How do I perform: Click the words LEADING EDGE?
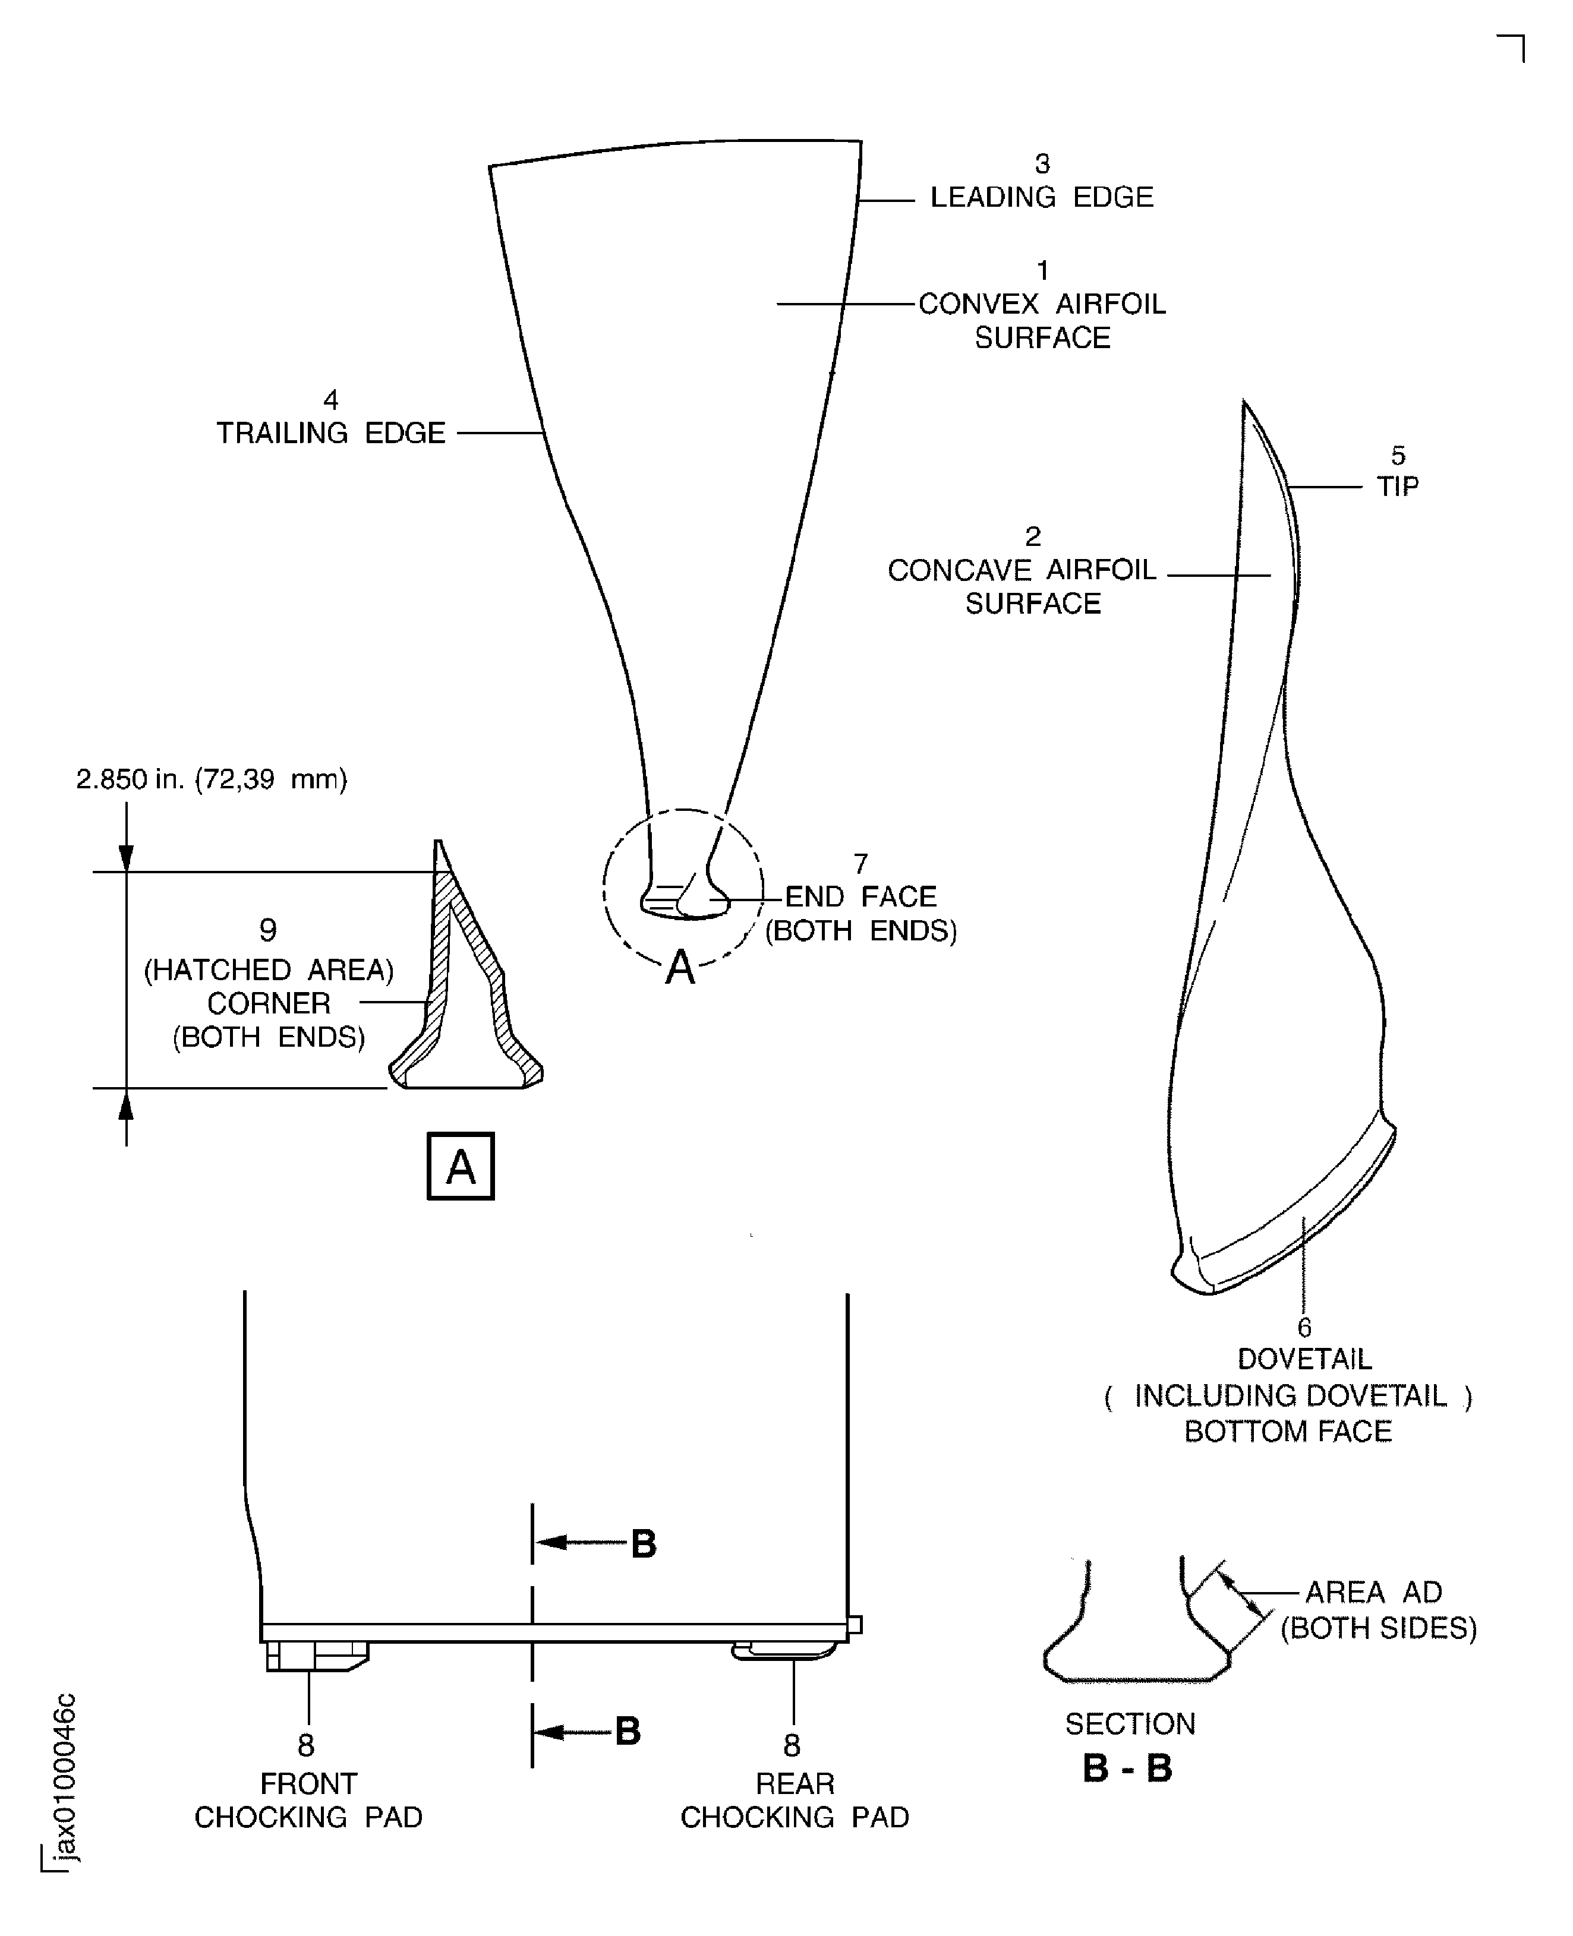pyautogui.click(x=1041, y=197)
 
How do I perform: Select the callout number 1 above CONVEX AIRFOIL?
pyautogui.click(x=1042, y=271)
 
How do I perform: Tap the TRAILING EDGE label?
pyautogui.click(x=331, y=433)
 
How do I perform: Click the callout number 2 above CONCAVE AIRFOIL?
pyautogui.click(x=1032, y=536)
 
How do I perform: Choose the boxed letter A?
pyautogui.click(x=461, y=1166)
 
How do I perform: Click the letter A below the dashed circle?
pyautogui.click(x=680, y=968)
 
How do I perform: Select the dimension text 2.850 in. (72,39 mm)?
pyautogui.click(x=211, y=779)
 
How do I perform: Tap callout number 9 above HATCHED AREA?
pyautogui.click(x=267, y=930)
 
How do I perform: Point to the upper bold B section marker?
pyautogui.click(x=644, y=1544)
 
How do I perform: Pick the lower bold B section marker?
pyautogui.click(x=628, y=1731)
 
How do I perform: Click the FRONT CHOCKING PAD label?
pyautogui.click(x=308, y=1800)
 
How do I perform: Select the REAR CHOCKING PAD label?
pyautogui.click(x=794, y=1800)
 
